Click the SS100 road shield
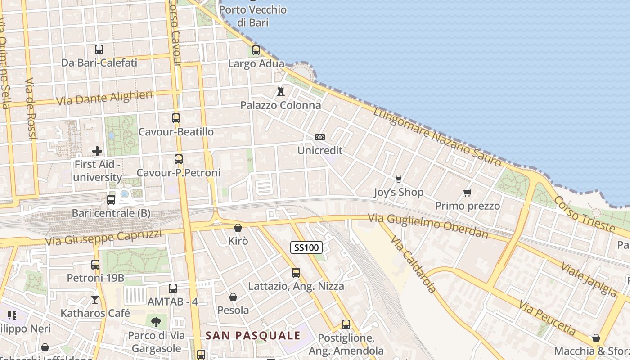click(x=306, y=247)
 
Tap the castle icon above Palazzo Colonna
click(x=281, y=92)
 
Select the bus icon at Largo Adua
click(x=256, y=50)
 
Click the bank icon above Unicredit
click(x=320, y=137)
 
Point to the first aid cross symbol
click(x=97, y=151)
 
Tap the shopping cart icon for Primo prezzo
click(x=467, y=193)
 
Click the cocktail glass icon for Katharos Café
click(x=95, y=299)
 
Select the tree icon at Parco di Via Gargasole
click(x=156, y=322)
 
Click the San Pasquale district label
click(x=253, y=335)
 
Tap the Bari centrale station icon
click(x=111, y=199)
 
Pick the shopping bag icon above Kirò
click(x=238, y=228)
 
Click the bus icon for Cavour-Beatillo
click(x=176, y=118)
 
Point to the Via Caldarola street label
click(x=414, y=264)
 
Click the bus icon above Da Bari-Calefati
click(x=99, y=49)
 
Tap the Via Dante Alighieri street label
click(x=104, y=98)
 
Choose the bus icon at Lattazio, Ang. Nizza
click(x=296, y=272)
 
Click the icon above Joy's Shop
click(x=398, y=179)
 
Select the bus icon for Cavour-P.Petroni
click(x=179, y=159)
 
